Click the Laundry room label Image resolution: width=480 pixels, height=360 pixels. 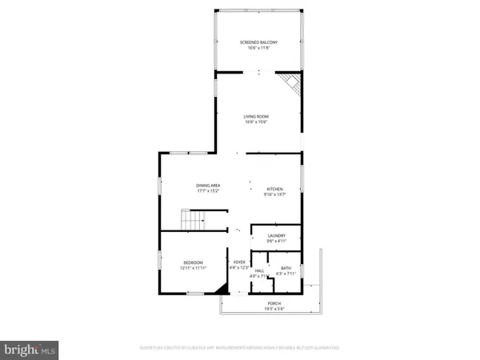[276, 235]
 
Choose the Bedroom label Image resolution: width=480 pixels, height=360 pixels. [193, 262]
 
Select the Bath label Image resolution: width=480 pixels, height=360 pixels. [286, 268]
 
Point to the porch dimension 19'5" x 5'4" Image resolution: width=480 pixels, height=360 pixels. [273, 309]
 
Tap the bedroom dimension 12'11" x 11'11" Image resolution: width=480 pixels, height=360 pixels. [193, 268]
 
